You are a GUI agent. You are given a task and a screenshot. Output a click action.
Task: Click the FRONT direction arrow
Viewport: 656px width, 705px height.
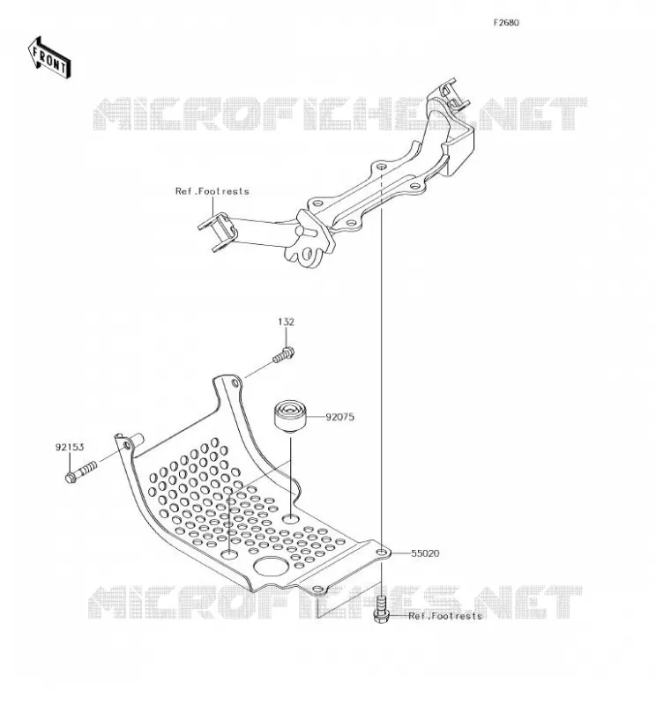click(x=49, y=58)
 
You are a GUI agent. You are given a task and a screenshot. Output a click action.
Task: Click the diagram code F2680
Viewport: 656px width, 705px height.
click(x=506, y=23)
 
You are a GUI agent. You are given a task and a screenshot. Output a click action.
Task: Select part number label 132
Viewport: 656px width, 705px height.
click(x=286, y=322)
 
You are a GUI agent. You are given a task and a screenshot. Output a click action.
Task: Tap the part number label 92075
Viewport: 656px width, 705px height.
click(x=339, y=417)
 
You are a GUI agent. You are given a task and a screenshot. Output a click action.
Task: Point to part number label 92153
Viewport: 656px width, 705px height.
click(x=70, y=447)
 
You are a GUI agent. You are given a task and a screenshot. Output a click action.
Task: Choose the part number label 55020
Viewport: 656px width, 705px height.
click(x=425, y=553)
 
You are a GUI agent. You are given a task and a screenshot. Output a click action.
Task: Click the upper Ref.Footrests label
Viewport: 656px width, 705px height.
click(x=212, y=191)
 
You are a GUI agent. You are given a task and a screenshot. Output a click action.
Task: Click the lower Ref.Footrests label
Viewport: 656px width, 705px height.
click(x=445, y=615)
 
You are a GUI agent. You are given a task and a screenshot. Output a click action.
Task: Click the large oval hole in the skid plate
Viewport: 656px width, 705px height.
click(x=271, y=567)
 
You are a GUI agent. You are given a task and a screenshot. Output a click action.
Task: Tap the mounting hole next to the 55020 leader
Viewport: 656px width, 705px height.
click(x=382, y=553)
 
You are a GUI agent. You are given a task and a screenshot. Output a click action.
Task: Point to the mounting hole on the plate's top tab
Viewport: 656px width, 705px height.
click(x=235, y=383)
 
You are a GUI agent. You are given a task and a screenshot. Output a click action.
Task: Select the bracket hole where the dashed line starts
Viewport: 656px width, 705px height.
click(x=381, y=167)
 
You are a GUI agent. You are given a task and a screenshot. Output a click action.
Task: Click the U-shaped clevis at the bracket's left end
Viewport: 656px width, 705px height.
click(x=218, y=232)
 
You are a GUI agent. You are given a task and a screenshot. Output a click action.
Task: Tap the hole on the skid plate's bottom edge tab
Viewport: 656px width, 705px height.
click(x=318, y=589)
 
